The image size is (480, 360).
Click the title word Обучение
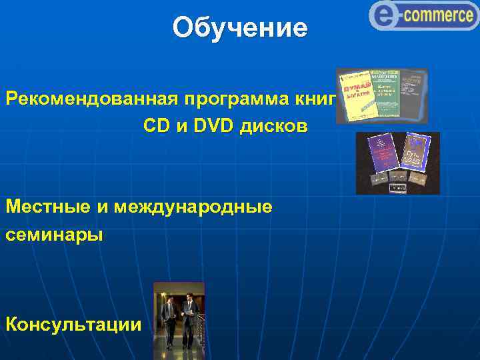pos(240,28)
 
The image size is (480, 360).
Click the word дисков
pos(275,126)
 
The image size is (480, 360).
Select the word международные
pos(193,207)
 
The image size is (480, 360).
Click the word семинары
pos(55,235)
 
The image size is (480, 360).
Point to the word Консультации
pos(74,325)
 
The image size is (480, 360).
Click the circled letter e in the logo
pos(384,15)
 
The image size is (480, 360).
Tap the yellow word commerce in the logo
pos(437,15)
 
